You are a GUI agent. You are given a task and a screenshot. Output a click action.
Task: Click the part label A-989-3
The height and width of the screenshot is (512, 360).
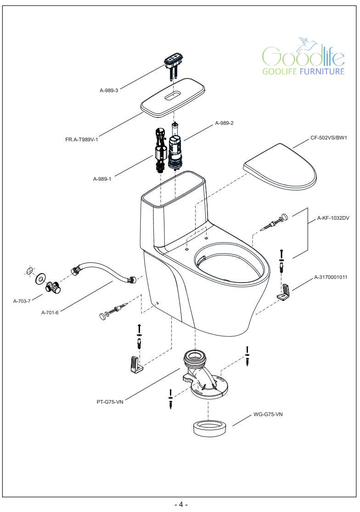(109, 90)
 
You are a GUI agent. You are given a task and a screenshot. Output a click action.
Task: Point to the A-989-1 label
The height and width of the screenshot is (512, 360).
(102, 179)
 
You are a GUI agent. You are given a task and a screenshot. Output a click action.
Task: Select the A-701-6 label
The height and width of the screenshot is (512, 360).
(51, 312)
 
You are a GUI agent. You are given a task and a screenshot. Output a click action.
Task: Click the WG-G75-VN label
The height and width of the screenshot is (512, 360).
(268, 414)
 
